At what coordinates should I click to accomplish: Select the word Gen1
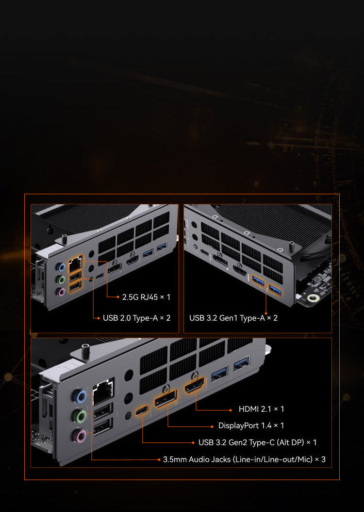point(229,318)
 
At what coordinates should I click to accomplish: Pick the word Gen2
point(238,442)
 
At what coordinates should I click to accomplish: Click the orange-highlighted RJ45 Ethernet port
point(75,264)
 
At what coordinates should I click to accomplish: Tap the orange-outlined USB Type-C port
point(142,410)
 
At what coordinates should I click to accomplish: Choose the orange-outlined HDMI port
point(194,385)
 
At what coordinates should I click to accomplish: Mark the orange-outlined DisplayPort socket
point(165,399)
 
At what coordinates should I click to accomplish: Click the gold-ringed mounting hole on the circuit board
point(314,298)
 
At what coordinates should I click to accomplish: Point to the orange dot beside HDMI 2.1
point(231,409)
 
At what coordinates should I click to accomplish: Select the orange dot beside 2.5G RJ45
point(118,297)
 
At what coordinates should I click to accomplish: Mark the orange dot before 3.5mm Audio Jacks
point(159,460)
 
